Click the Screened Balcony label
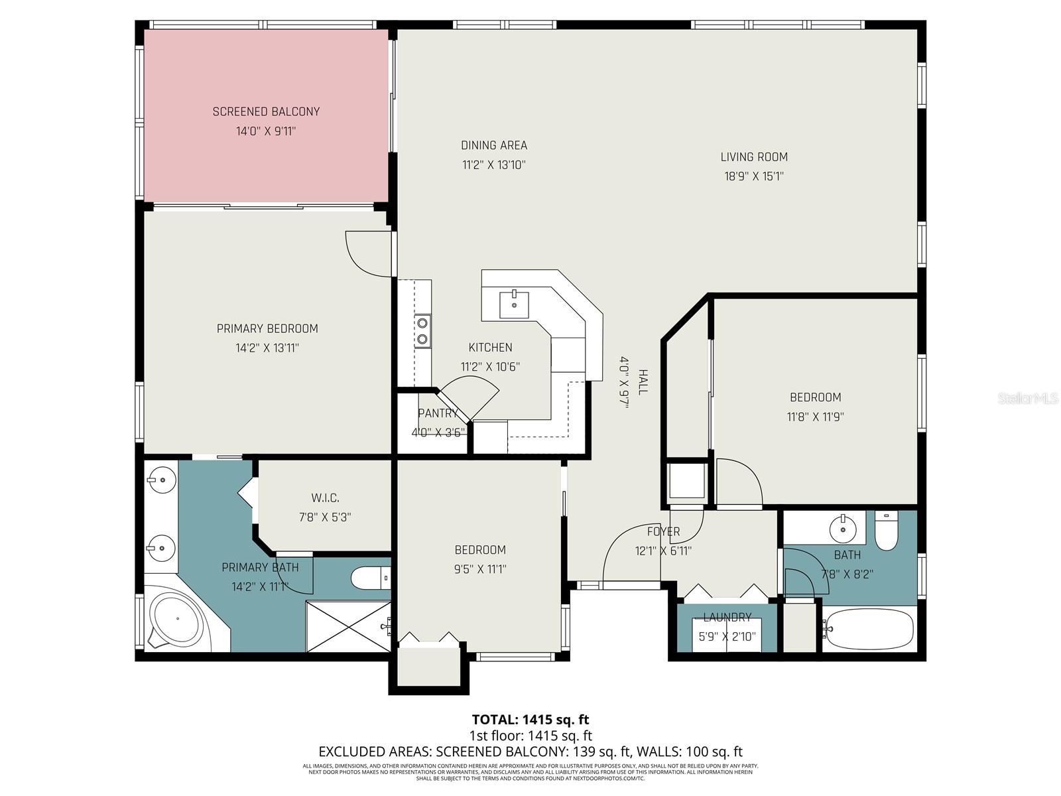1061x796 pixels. (266, 111)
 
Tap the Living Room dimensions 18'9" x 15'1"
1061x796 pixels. (754, 176)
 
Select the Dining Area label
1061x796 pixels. (494, 145)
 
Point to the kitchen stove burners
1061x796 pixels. (422, 331)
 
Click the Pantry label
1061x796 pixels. (438, 413)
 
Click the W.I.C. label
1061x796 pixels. (325, 497)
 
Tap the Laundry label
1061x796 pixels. (727, 618)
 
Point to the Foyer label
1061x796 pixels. (663, 531)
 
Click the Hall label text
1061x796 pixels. (643, 382)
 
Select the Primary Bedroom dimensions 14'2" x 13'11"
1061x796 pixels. (267, 348)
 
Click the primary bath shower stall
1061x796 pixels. (348, 626)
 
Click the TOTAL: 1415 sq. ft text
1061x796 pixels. (530, 719)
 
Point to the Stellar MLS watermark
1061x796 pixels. (1028, 398)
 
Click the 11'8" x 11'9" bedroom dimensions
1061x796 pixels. (815, 417)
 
